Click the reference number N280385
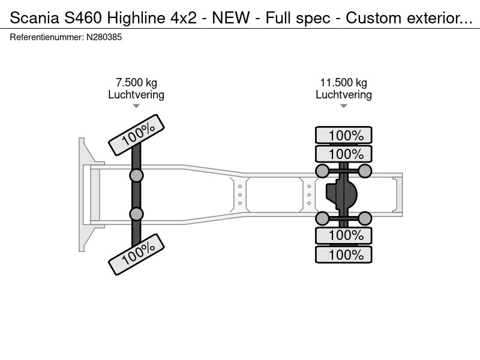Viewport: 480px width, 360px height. pyautogui.click(x=104, y=37)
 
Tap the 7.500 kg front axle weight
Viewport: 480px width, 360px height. pyautogui.click(x=136, y=83)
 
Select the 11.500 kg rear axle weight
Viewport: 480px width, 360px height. pyautogui.click(x=343, y=83)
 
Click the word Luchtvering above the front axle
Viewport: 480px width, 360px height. pyautogui.click(x=136, y=95)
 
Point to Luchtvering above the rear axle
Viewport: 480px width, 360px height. pyautogui.click(x=343, y=95)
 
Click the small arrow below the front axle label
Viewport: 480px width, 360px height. pyautogui.click(x=136, y=106)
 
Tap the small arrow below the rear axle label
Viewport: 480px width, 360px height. pyautogui.click(x=343, y=106)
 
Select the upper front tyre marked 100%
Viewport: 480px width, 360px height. pyautogui.click(x=136, y=136)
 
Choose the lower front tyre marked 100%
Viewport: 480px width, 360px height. pyautogui.click(x=136, y=254)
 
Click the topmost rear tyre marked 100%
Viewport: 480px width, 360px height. pyautogui.click(x=344, y=136)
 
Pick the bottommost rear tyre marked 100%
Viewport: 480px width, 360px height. pyautogui.click(x=344, y=254)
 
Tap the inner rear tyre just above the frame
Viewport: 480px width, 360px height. pyautogui.click(x=344, y=154)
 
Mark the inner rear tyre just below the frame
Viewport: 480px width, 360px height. pyautogui.click(x=344, y=235)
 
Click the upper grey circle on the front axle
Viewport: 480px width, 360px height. pyautogui.click(x=136, y=175)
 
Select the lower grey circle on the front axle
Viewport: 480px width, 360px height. pyautogui.click(x=136, y=214)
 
